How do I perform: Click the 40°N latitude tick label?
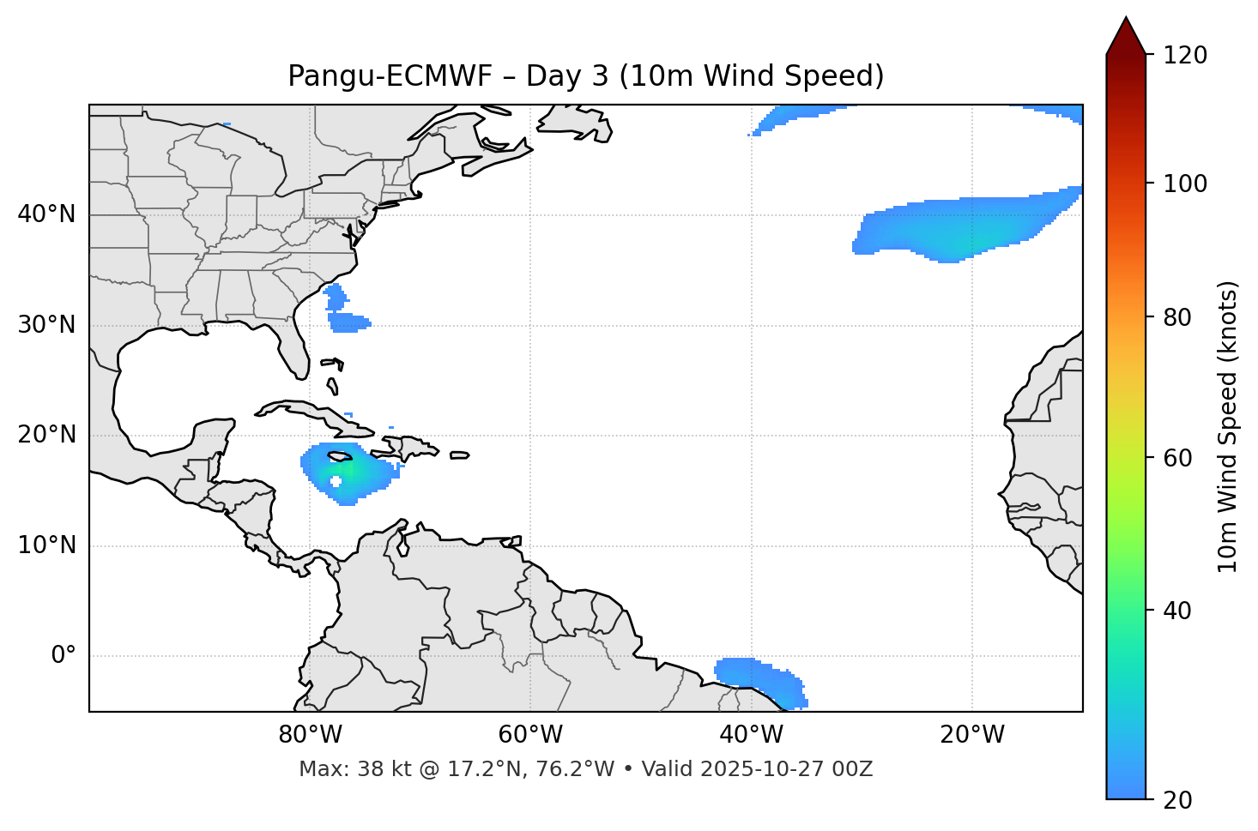point(46,214)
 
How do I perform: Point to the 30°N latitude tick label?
point(46,325)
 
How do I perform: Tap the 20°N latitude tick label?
point(46,435)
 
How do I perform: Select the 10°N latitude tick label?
point(46,545)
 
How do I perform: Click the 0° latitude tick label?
point(64,656)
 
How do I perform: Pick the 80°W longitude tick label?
point(310,735)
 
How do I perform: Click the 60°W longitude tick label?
point(530,735)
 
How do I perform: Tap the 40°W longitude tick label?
point(751,735)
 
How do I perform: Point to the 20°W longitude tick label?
point(972,735)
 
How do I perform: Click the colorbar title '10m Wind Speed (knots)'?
point(1228,426)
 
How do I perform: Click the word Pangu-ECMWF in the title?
point(390,76)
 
